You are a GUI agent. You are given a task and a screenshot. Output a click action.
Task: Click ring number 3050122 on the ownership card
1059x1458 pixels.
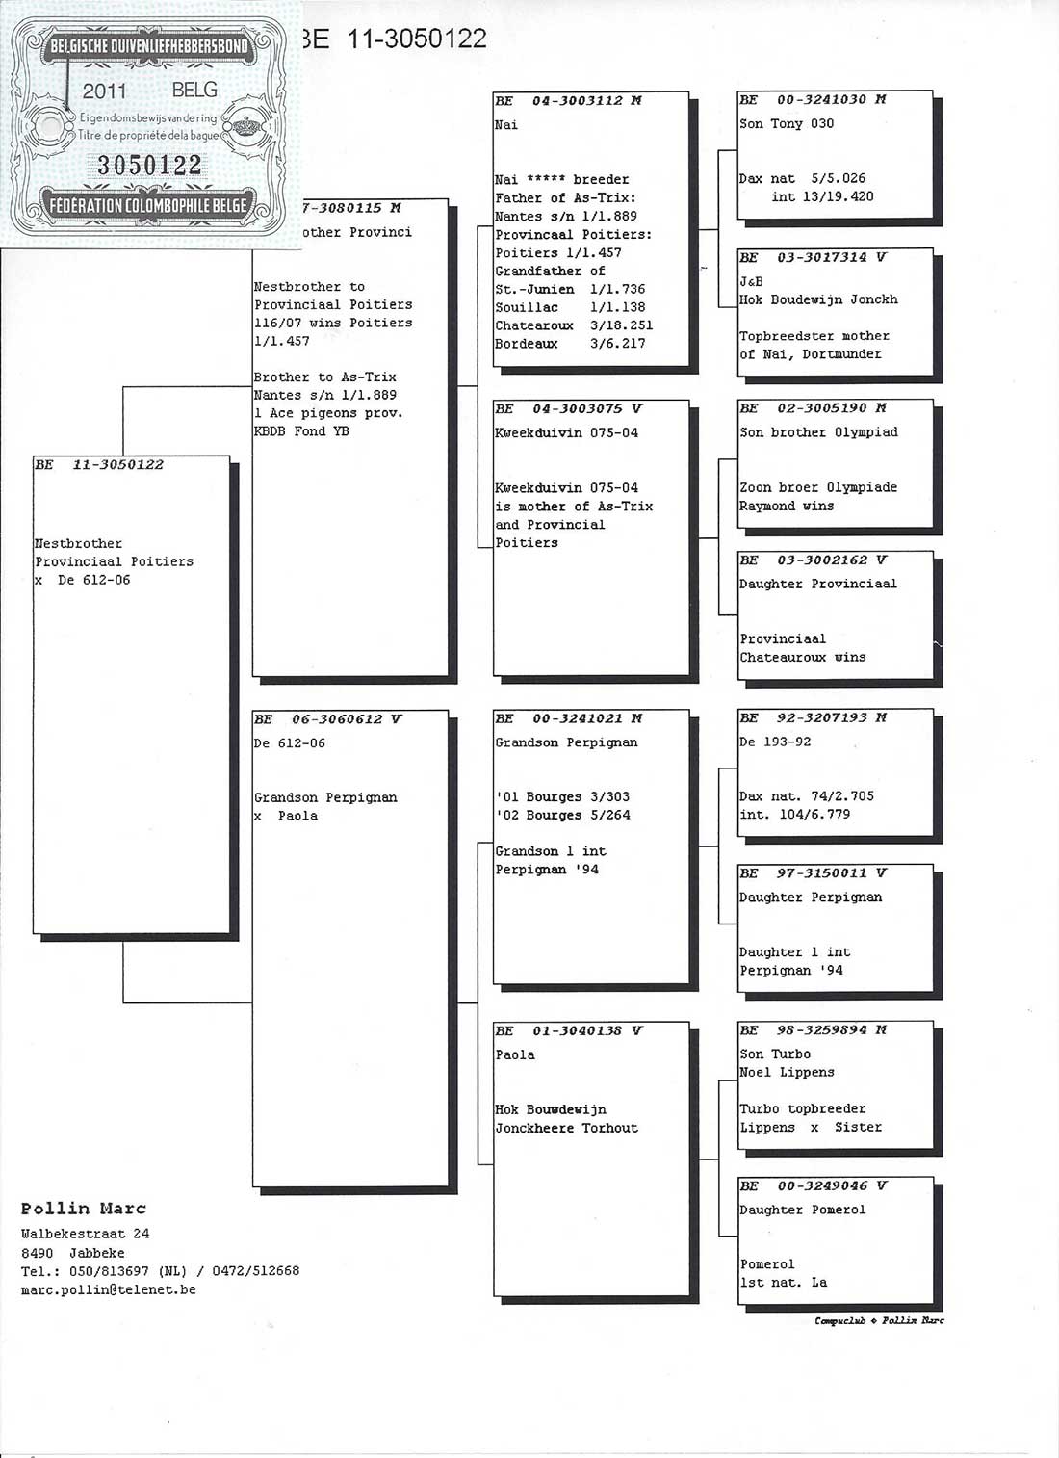point(149,166)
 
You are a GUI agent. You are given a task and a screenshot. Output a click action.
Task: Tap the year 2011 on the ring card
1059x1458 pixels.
point(104,91)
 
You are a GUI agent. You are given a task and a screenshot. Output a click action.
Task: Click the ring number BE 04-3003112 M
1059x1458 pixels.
point(569,101)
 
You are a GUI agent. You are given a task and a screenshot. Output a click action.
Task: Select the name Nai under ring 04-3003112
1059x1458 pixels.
point(506,125)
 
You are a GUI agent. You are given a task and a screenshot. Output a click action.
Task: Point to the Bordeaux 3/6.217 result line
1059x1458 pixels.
point(570,344)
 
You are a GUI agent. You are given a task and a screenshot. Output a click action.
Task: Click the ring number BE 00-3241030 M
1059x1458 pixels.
point(813,100)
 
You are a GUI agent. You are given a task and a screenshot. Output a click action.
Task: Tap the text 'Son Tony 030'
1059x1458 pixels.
point(787,124)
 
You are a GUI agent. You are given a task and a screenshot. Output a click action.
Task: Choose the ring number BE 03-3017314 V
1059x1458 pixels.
point(813,258)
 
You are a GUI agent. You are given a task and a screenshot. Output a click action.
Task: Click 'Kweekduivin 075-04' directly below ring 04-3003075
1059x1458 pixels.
point(566,433)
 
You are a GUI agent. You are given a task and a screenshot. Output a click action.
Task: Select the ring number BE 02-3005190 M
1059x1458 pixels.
point(813,408)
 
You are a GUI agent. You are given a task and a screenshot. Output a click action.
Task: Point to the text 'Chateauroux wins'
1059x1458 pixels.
point(802,658)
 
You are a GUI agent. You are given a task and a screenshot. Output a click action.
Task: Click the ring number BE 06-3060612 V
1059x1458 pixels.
point(328,719)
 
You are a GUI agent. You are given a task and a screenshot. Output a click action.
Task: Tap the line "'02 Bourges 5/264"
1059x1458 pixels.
point(563,816)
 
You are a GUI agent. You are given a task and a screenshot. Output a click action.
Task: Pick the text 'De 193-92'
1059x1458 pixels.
point(775,742)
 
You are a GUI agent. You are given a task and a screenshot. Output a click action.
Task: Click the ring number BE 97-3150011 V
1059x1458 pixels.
point(813,873)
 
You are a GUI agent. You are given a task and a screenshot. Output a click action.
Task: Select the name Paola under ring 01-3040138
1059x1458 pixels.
point(515,1055)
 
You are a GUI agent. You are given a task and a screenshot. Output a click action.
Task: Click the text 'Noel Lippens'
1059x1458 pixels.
point(787,1073)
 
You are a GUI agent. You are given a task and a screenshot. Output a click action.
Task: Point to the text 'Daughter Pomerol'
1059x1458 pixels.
point(802,1211)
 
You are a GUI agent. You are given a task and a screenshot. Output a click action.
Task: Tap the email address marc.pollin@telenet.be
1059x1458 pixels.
point(109,1290)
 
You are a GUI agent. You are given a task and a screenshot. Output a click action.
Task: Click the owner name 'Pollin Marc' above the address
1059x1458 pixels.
point(84,1209)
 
